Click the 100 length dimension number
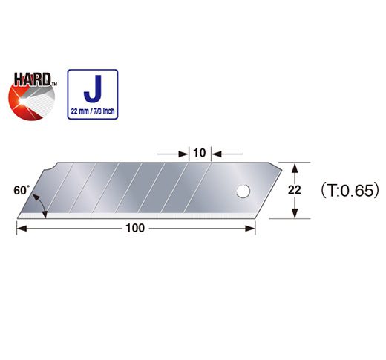pyautogui.click(x=135, y=229)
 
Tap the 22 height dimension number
pyautogui.click(x=295, y=190)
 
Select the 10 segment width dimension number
pyautogui.click(x=198, y=153)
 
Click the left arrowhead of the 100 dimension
pyautogui.click(x=21, y=229)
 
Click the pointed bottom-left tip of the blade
pyautogui.click(x=18, y=217)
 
